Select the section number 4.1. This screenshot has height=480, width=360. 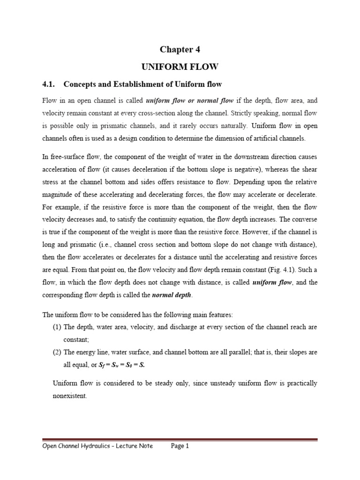coord(49,84)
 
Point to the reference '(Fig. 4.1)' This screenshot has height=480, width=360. coord(265,270)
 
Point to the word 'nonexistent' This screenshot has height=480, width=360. coord(70,396)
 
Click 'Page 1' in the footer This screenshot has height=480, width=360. coord(180,446)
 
